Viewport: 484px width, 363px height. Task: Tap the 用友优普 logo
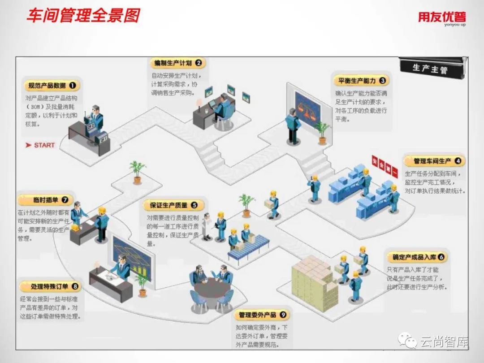(x=442, y=18)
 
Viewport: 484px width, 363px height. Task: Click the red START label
(x=41, y=145)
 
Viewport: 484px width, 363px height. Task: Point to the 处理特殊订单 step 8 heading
(x=50, y=286)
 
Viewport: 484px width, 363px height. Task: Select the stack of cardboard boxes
(x=314, y=282)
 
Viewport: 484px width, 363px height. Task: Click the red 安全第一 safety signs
(x=385, y=165)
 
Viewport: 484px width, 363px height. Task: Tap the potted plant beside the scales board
(x=322, y=132)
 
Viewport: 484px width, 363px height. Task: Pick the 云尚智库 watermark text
(x=444, y=343)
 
